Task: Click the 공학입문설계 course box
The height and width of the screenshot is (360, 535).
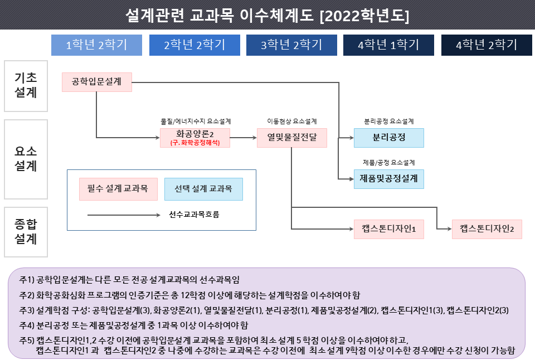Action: point(97,82)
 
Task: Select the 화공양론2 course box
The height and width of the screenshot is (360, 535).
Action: point(195,138)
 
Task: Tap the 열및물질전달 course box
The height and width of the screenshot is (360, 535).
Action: point(291,138)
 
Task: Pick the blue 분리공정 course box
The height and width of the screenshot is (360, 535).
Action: point(389,138)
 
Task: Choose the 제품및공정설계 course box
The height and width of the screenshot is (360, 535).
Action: point(389,179)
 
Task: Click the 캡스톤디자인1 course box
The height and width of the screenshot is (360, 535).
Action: point(389,229)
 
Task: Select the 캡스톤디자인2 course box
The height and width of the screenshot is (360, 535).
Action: point(487,229)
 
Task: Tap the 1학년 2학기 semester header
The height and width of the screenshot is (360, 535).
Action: point(96,45)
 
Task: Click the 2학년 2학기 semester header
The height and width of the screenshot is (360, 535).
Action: point(194,45)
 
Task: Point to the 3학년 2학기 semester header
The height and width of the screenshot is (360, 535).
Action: point(291,45)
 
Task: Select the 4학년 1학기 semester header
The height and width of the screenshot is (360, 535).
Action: point(388,45)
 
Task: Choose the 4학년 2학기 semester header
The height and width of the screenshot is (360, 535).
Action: point(487,45)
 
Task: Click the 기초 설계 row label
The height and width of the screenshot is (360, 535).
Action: point(26,86)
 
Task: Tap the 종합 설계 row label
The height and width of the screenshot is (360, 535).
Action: point(26,232)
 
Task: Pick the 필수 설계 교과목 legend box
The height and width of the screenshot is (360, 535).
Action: point(118,189)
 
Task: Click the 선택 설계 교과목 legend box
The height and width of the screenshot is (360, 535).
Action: point(204,189)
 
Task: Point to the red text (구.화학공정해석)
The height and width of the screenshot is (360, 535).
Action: point(195,143)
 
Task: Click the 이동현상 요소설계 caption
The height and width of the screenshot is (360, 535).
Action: point(291,121)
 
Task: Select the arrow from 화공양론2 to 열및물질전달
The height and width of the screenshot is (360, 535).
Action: point(244,138)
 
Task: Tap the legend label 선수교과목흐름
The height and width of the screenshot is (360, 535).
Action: point(194,215)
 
